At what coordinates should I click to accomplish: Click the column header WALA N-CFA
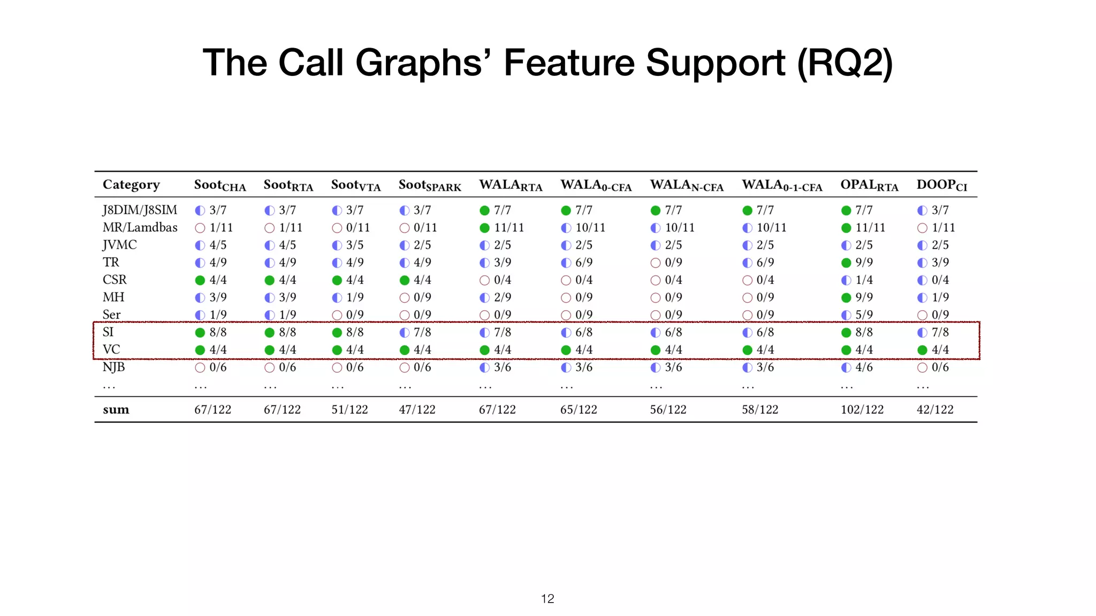(687, 186)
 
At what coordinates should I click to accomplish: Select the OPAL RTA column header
(869, 186)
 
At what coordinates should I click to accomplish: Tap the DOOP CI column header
(942, 186)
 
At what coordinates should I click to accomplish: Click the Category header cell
(131, 185)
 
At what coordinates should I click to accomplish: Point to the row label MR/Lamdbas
(140, 228)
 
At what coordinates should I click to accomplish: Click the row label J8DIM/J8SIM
(140, 210)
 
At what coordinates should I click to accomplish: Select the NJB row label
(113, 367)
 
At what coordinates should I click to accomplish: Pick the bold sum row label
(116, 410)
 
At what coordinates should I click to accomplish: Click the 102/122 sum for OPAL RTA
(862, 410)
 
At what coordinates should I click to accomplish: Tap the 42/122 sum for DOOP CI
(935, 410)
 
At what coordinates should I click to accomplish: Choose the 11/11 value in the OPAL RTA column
(870, 228)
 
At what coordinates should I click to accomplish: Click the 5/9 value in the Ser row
(864, 315)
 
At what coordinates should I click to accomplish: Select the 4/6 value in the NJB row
(864, 367)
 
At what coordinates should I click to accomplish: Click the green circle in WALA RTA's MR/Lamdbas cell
(485, 228)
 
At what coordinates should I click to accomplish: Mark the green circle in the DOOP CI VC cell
(922, 350)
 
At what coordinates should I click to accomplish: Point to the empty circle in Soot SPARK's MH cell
(405, 298)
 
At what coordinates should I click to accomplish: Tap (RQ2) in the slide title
(845, 63)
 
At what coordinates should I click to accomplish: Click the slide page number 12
(547, 599)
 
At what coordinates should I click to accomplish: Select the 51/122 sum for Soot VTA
(349, 410)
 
